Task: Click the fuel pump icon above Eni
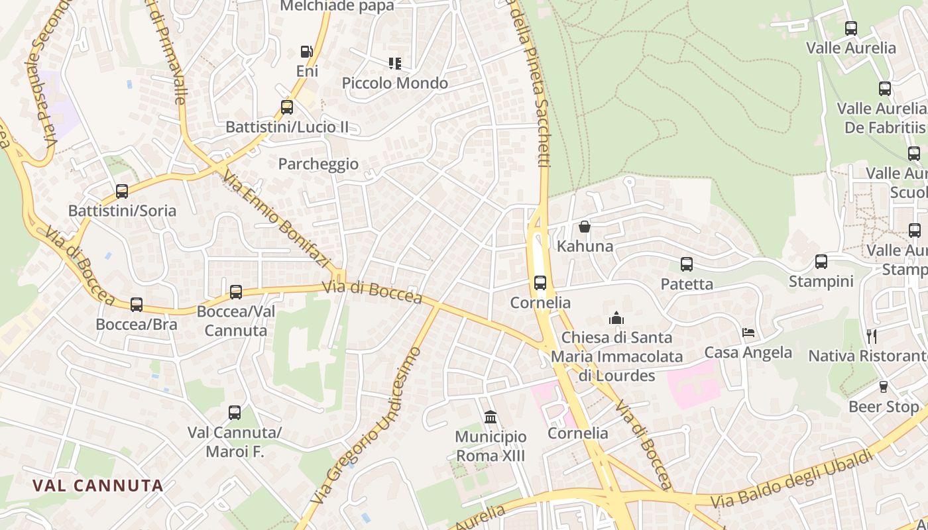click(x=306, y=52)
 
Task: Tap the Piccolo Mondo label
click(x=394, y=83)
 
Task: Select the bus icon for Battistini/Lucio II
click(x=287, y=107)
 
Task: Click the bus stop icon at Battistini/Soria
click(x=122, y=191)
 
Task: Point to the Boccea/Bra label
click(x=137, y=325)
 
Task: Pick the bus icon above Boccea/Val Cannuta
click(x=236, y=292)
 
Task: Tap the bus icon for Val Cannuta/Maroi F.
click(x=235, y=413)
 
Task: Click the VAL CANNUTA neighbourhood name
click(x=98, y=486)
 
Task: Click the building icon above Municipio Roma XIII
click(x=491, y=417)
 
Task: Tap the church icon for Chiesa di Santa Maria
click(x=616, y=318)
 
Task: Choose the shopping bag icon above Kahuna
click(x=585, y=227)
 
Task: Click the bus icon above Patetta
click(x=687, y=264)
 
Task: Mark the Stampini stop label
click(x=821, y=282)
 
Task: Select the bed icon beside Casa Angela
click(x=748, y=333)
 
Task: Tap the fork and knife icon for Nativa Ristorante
click(x=872, y=337)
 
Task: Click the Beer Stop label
click(x=884, y=407)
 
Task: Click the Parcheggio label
click(x=318, y=164)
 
